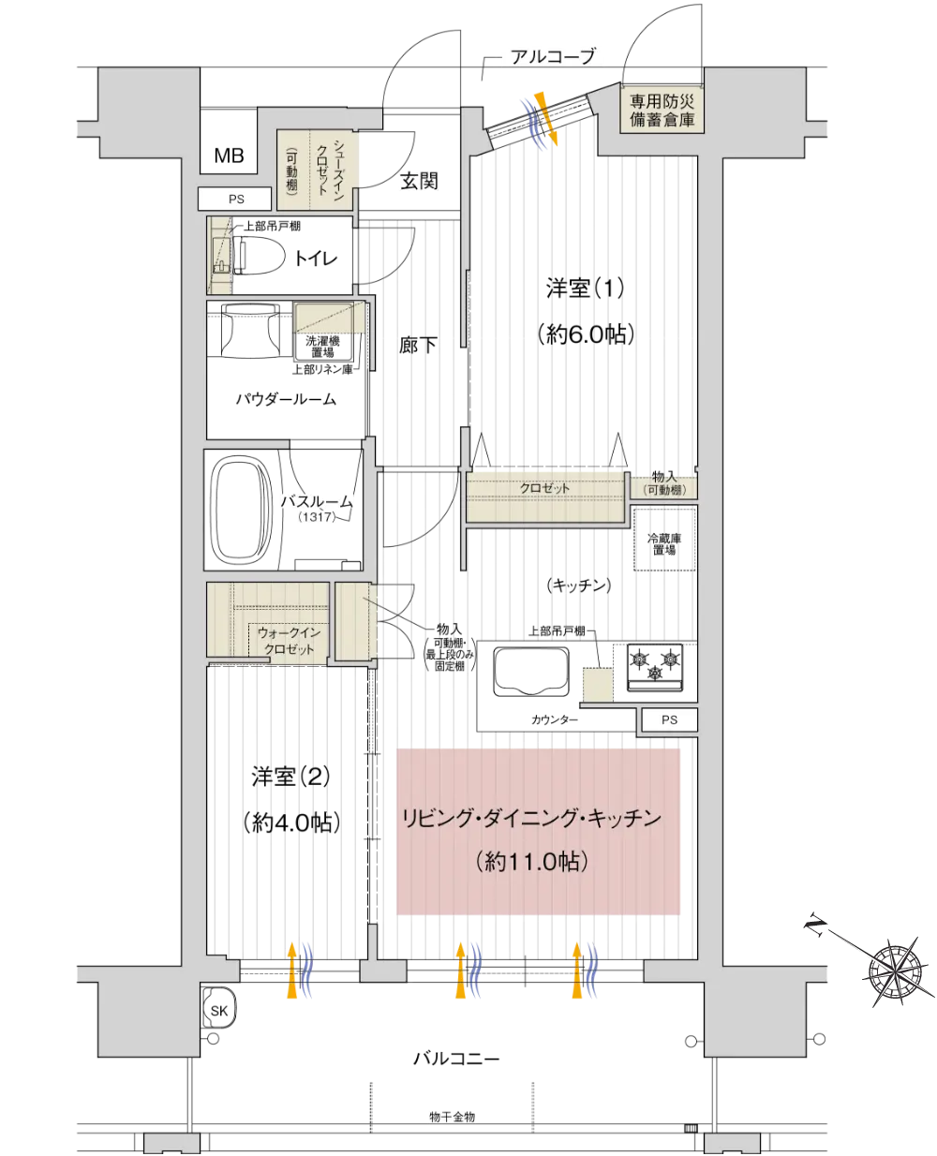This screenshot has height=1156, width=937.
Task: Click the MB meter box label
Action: click(x=229, y=156)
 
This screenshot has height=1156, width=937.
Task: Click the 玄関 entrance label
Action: click(x=419, y=181)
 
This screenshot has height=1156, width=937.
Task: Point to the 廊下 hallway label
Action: click(x=418, y=345)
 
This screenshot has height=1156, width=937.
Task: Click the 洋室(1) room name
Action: click(x=586, y=289)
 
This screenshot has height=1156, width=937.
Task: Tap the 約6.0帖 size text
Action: click(x=586, y=334)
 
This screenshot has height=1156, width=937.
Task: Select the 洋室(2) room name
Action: click(x=290, y=777)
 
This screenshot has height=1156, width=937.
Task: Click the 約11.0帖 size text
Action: click(x=531, y=861)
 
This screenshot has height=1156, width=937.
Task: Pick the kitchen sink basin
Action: click(x=531, y=671)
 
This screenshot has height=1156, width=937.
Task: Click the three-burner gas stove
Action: click(x=655, y=667)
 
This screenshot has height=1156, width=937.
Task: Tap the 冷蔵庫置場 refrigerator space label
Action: click(x=664, y=544)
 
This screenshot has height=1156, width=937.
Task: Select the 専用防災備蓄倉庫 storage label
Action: click(x=662, y=111)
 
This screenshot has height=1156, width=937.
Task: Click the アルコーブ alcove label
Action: click(x=553, y=56)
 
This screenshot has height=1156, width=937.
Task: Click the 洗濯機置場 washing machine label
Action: click(x=322, y=347)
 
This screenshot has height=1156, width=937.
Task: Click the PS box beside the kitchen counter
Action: click(x=669, y=719)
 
